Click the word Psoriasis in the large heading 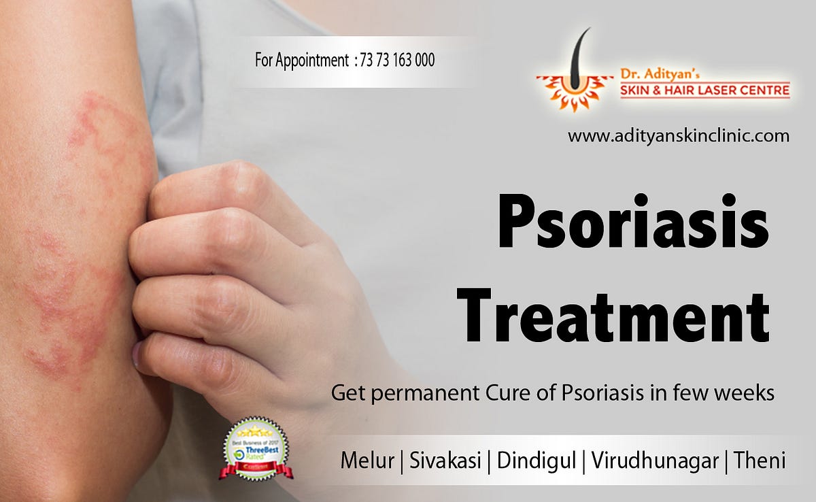[633, 221]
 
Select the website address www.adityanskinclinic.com [678, 136]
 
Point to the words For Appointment [301, 61]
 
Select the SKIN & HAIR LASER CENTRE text [704, 90]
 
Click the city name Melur [367, 461]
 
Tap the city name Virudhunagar [655, 461]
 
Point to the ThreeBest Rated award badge [256, 446]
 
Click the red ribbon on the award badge [256, 469]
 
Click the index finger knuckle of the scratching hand [163, 197]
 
